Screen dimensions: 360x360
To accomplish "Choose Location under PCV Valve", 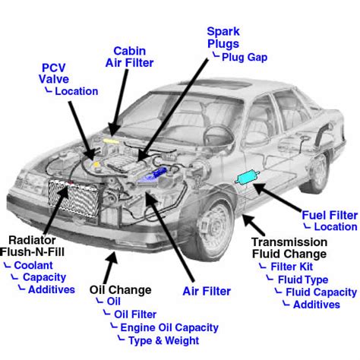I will click(x=71, y=91).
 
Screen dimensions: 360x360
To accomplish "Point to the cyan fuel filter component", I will click(x=248, y=178).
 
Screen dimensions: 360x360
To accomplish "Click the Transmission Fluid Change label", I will click(x=289, y=248).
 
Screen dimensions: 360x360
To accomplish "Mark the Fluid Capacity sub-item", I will click(x=320, y=292).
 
